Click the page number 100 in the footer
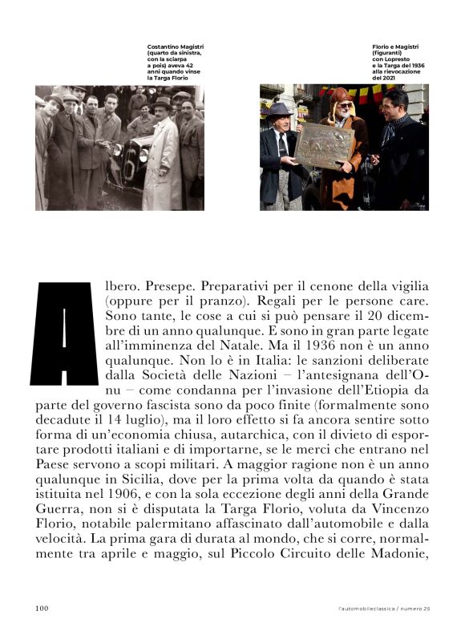click(x=42, y=607)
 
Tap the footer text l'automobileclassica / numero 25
click(x=384, y=608)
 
